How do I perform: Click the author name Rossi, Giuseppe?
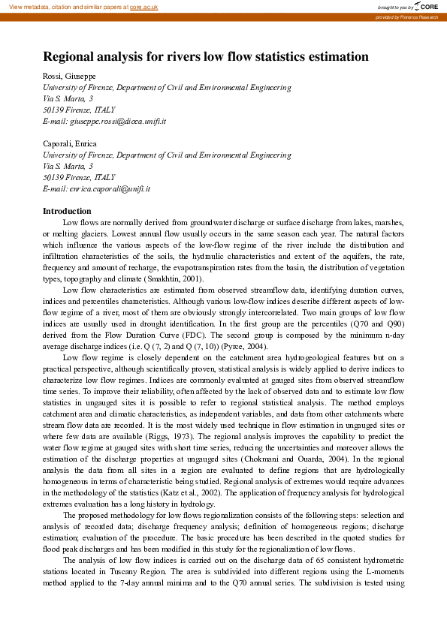pos(70,77)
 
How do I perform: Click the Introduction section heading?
pos(67,211)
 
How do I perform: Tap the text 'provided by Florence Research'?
pos(408,17)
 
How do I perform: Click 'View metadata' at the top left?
pos(25,6)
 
